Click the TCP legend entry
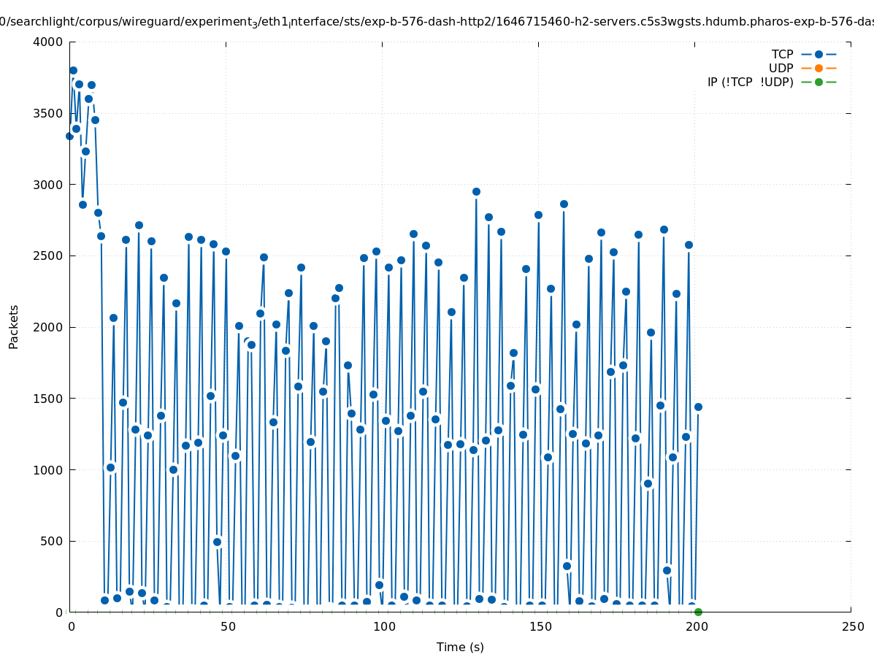click(x=782, y=54)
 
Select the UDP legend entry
click(x=781, y=68)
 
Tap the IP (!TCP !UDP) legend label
click(x=750, y=82)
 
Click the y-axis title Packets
click(x=14, y=326)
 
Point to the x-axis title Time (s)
click(x=460, y=647)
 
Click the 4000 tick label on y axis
click(x=49, y=42)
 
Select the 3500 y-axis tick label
click(x=49, y=113)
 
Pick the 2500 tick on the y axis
click(x=49, y=255)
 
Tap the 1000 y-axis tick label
click(x=49, y=470)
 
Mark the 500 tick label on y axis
click(x=53, y=541)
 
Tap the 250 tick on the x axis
click(x=851, y=627)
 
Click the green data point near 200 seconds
click(x=698, y=612)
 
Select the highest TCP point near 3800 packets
click(x=73, y=71)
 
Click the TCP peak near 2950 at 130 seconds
click(x=476, y=191)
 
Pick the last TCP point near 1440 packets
click(x=698, y=407)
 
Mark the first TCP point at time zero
click(x=69, y=136)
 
